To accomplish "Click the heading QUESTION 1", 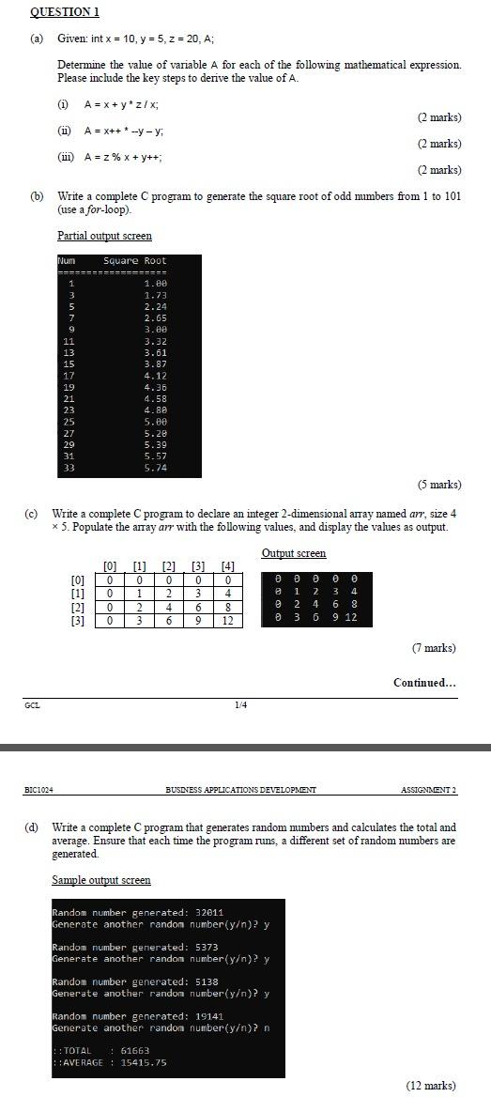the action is pos(65,12).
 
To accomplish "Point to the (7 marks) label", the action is pos(434,648).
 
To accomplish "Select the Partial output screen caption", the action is pos(104,236).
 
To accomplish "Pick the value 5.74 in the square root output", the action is pos(155,468).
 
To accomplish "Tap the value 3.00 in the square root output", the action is pos(155,331).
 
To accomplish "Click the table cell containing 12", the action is pos(226,621).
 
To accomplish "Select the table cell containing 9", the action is pos(198,621).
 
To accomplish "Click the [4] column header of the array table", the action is pos(226,565).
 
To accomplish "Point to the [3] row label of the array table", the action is pos(79,621).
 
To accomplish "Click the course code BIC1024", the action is pos(39,790).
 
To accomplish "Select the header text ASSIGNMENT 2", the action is pos(427,790).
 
